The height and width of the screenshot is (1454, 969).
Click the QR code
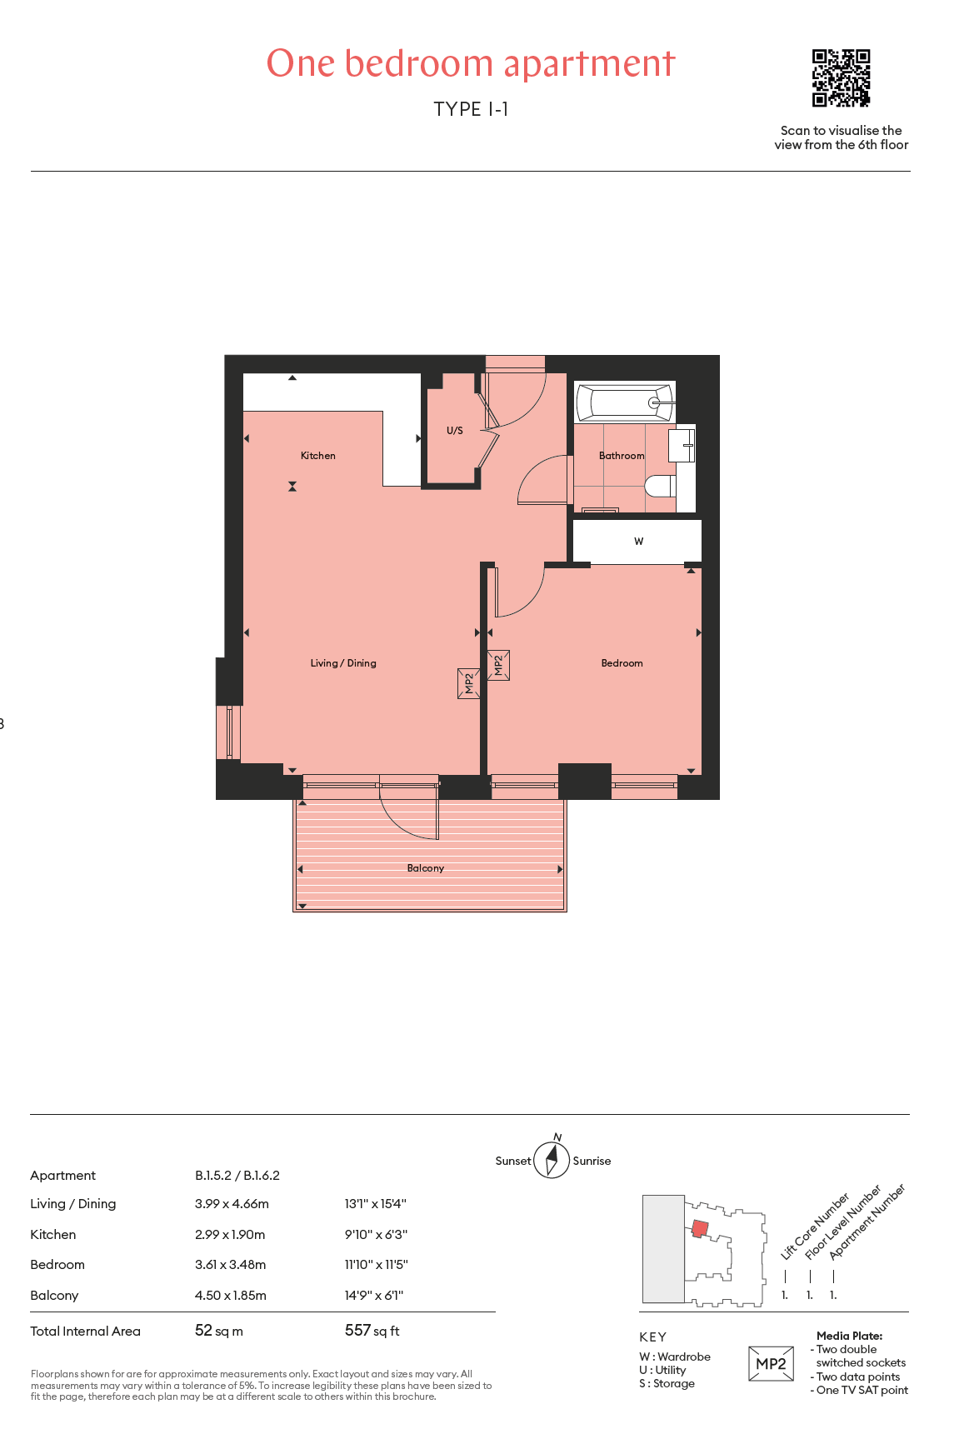pyautogui.click(x=842, y=78)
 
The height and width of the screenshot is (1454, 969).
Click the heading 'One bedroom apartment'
pyautogui.click(x=471, y=63)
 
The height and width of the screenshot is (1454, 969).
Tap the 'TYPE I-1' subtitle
pyautogui.click(x=471, y=109)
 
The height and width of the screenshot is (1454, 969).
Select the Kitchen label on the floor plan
pyautogui.click(x=318, y=456)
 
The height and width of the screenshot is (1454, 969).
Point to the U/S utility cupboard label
pyautogui.click(x=455, y=431)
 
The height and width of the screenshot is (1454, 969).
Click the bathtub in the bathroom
pyautogui.click(x=625, y=402)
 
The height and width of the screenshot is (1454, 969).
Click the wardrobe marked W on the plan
pyautogui.click(x=637, y=541)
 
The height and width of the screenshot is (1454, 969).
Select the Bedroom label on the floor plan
pyautogui.click(x=622, y=663)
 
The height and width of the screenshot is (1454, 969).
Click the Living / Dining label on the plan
pyautogui.click(x=343, y=663)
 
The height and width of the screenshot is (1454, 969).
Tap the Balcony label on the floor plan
pyautogui.click(x=426, y=868)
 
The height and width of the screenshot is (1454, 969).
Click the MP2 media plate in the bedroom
pyautogui.click(x=498, y=666)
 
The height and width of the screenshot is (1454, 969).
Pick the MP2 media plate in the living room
pyautogui.click(x=468, y=683)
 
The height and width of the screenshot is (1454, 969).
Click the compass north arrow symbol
pyautogui.click(x=552, y=1158)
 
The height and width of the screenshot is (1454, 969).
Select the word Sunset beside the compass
pyautogui.click(x=513, y=1161)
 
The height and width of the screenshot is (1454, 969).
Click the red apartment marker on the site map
pyautogui.click(x=700, y=1228)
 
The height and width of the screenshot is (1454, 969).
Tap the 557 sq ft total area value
pyautogui.click(x=372, y=1331)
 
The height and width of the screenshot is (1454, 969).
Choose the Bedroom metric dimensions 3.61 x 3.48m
pyautogui.click(x=231, y=1265)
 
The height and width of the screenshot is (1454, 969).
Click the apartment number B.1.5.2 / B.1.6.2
pyautogui.click(x=237, y=1176)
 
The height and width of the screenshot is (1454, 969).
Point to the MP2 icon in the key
pyautogui.click(x=771, y=1364)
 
